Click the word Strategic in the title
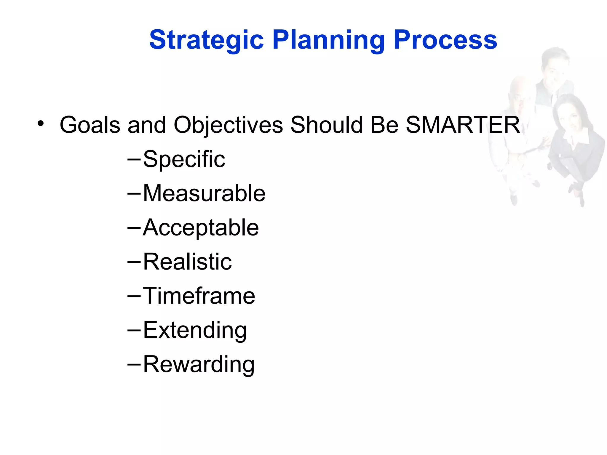(206, 40)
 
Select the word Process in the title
(445, 40)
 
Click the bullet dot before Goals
(41, 124)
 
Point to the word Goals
(90, 125)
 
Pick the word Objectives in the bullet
(228, 125)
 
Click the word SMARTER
(462, 125)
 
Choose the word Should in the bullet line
(326, 125)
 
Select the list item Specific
(184, 159)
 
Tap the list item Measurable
(204, 193)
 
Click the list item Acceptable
(201, 228)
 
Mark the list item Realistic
(187, 262)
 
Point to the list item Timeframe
(199, 296)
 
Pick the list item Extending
(195, 330)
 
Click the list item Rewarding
(199, 364)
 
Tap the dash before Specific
(134, 159)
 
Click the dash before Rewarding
(134, 364)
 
